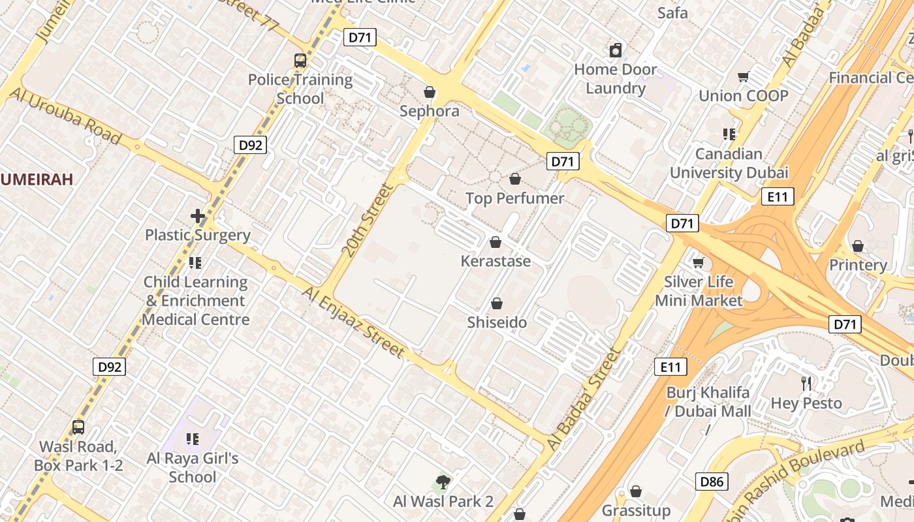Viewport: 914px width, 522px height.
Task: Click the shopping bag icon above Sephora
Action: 430,92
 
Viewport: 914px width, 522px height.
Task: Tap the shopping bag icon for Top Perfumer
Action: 515,179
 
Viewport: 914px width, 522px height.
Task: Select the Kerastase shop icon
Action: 496,243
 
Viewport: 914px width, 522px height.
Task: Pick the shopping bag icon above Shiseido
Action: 497,303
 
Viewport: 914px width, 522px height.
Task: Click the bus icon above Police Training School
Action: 300,61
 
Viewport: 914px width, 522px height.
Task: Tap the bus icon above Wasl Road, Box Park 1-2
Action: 78,427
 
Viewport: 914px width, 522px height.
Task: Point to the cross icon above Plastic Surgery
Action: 198,216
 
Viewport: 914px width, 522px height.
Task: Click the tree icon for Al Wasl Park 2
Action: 443,482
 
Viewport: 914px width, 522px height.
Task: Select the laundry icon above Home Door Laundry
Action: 616,50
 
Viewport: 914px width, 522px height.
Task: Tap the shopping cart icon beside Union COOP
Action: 743,77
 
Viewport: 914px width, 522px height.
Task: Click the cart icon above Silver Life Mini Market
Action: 699,263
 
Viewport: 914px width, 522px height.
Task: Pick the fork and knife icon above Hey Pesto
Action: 807,383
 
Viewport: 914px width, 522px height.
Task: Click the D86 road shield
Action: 711,482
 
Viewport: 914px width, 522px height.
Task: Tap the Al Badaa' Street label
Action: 583,400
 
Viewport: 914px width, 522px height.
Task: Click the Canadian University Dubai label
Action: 729,163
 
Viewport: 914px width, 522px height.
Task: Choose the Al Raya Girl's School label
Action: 193,467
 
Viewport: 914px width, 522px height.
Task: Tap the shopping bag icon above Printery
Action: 858,246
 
